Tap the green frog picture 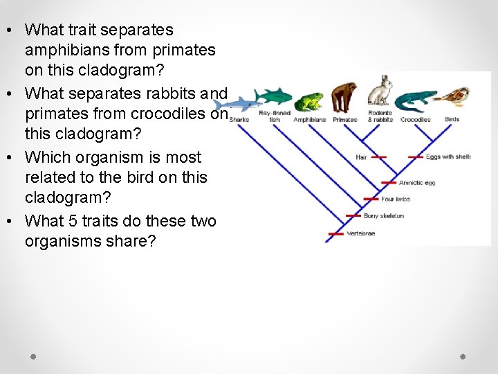tap(308, 102)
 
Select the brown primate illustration tap(344, 98)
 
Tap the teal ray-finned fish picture tap(274, 96)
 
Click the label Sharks tap(239, 120)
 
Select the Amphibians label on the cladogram tap(309, 120)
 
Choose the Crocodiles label tap(415, 120)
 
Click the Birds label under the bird tap(452, 120)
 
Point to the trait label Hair tap(361, 157)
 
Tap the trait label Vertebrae tap(360, 234)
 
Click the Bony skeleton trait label tap(383, 216)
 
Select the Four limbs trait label tap(396, 199)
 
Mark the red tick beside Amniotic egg tap(389, 183)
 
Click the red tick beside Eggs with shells tap(415, 157)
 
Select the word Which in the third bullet tap(44, 157)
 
